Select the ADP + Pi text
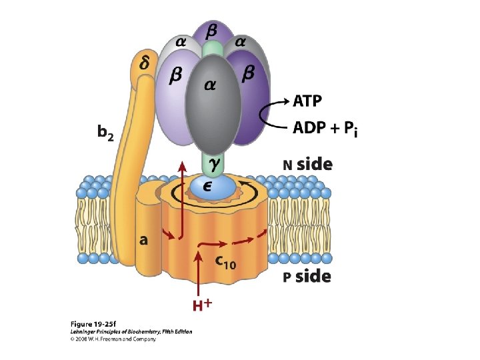325,129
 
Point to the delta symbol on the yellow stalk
144,63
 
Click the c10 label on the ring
225,262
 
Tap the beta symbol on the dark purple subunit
248,75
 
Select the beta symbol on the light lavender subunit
175,77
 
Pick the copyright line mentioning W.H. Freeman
113,339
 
